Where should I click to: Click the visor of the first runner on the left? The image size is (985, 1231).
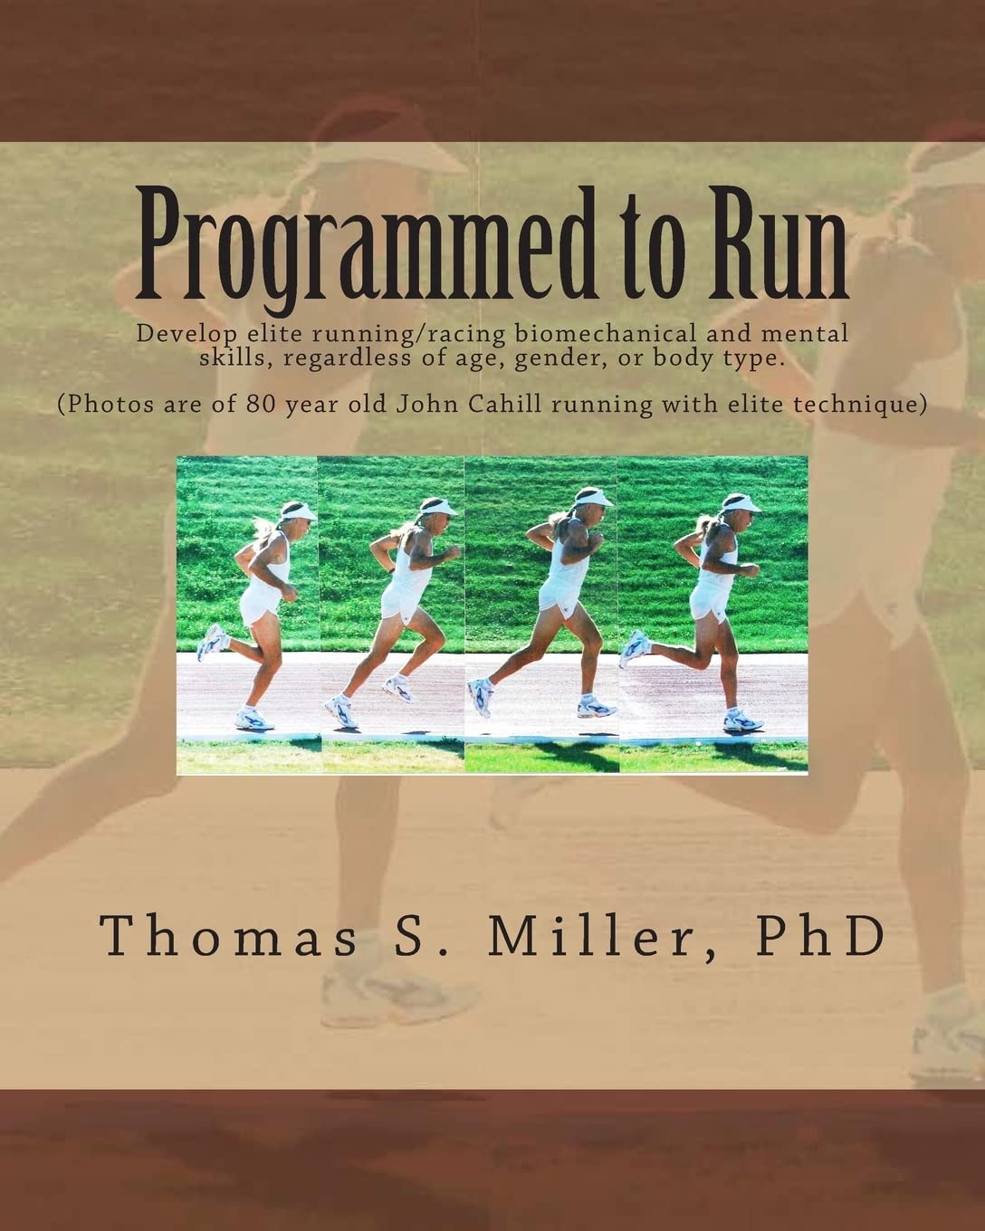click(299, 512)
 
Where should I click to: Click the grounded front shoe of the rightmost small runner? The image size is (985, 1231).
click(742, 720)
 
